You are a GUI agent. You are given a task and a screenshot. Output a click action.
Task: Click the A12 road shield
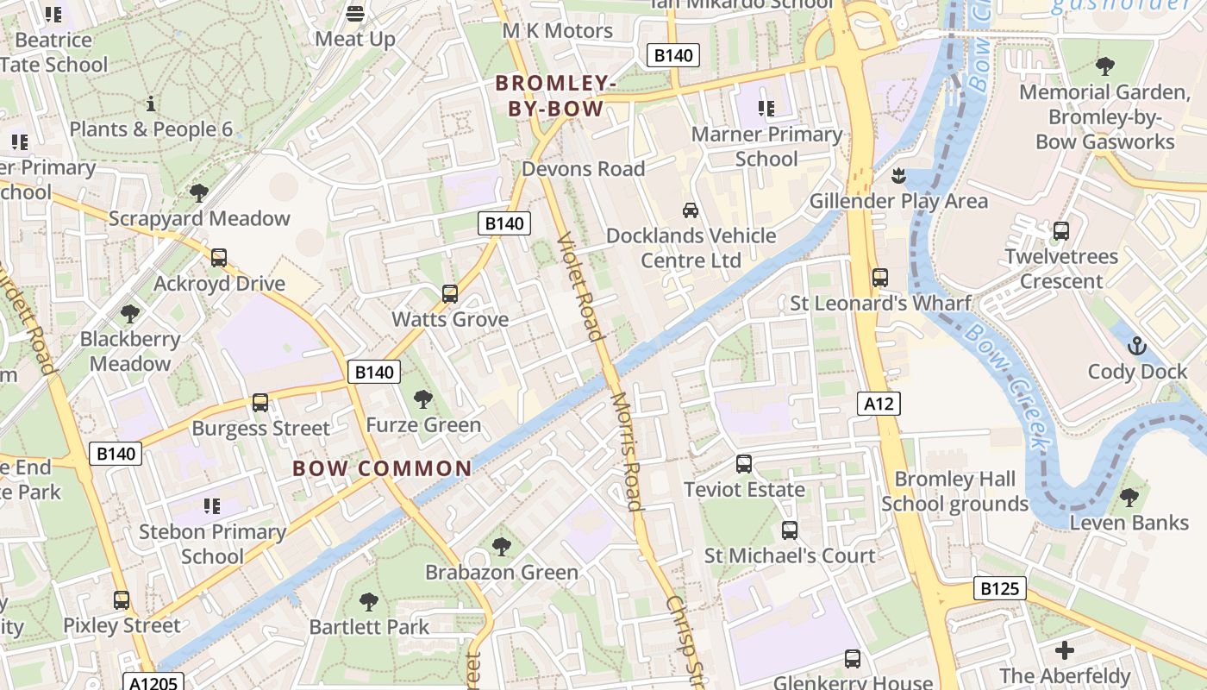[x=879, y=403]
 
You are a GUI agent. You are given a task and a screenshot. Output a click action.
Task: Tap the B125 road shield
[x=1000, y=588]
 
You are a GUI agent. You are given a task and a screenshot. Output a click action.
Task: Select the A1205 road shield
[x=153, y=683]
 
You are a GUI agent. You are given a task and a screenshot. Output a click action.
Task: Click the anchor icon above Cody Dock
[x=1137, y=347]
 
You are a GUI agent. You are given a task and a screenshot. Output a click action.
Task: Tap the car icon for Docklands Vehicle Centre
[x=690, y=210]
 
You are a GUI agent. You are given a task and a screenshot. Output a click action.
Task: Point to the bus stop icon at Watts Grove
[x=449, y=294]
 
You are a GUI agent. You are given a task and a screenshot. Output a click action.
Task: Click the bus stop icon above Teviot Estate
[x=744, y=464]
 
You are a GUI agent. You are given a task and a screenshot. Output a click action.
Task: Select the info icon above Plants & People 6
[x=151, y=104]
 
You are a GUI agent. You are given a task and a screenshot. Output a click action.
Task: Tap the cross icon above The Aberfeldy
[x=1065, y=650]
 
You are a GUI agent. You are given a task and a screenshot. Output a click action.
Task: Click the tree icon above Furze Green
[x=422, y=399]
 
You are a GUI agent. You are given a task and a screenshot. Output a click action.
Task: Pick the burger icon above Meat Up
[x=354, y=13]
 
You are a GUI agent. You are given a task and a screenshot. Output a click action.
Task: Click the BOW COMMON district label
[x=382, y=468]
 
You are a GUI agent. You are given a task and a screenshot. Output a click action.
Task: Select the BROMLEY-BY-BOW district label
[x=555, y=96]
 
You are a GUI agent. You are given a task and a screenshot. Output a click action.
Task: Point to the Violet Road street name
[x=578, y=286]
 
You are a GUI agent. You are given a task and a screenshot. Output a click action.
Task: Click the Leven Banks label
[x=1129, y=523]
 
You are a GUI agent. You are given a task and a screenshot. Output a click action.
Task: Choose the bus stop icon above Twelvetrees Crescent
[x=1060, y=231]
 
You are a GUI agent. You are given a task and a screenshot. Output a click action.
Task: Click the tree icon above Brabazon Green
[x=501, y=547]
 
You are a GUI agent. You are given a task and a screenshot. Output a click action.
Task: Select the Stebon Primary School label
[x=212, y=543]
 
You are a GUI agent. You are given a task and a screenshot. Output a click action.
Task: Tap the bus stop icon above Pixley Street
[x=122, y=600]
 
